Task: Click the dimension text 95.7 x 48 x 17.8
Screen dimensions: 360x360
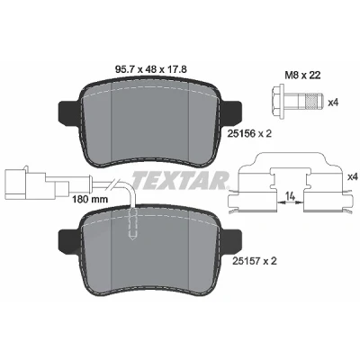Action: [x=151, y=70]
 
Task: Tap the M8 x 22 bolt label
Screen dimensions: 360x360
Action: [x=302, y=75]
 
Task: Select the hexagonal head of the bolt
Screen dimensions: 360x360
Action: [x=278, y=103]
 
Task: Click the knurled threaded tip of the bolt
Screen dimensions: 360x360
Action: [x=314, y=103]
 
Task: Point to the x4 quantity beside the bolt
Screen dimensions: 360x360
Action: [x=333, y=103]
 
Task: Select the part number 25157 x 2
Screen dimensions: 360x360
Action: [x=255, y=262]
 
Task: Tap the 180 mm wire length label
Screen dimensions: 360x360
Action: [x=90, y=199]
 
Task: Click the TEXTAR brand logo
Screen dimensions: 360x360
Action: [x=180, y=179]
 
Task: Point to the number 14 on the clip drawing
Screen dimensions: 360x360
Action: [x=290, y=196]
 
